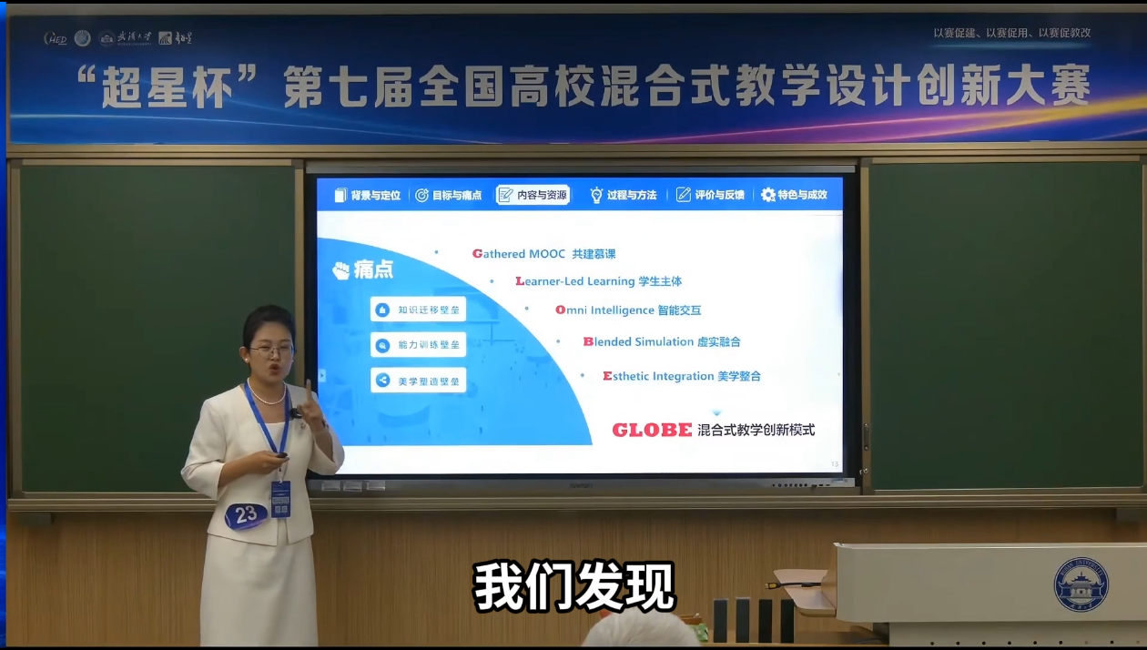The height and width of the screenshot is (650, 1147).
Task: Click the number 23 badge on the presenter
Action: click(x=246, y=514)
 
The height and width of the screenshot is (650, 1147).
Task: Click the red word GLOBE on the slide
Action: click(x=652, y=431)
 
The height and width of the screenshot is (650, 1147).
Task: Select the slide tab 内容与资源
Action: click(x=533, y=195)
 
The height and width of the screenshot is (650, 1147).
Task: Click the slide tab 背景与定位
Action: click(x=368, y=195)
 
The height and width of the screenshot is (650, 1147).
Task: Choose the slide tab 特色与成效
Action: click(x=794, y=195)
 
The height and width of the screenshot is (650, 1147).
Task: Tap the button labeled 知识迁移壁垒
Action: click(x=419, y=310)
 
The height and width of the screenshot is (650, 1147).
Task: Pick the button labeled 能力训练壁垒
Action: click(x=419, y=345)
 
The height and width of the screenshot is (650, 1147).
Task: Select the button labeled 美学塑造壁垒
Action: click(x=419, y=381)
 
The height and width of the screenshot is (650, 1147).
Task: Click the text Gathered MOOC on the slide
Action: click(x=519, y=254)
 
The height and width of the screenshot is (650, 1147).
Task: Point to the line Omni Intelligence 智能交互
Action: click(x=628, y=310)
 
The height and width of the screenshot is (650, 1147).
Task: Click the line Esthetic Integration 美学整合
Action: click(x=682, y=376)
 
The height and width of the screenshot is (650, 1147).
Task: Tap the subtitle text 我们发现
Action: click(x=573, y=587)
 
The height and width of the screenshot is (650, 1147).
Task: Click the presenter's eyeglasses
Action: click(x=271, y=350)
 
